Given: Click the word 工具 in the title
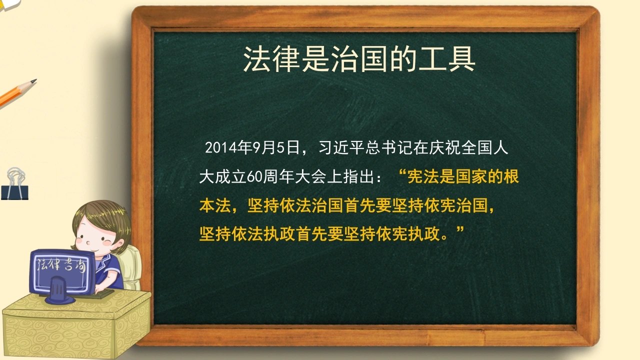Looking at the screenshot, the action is (x=447, y=59).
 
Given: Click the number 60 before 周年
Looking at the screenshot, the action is (x=254, y=177).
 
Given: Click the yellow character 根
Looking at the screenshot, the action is (x=511, y=176).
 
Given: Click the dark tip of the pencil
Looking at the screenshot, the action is (x=33, y=81).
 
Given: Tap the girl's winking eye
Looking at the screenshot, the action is (x=106, y=242).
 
